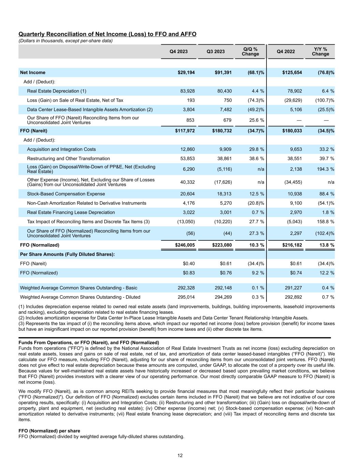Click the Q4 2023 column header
[x=178, y=52]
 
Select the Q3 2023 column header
[x=216, y=52]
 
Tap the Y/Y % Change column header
[x=320, y=52]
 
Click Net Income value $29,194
[x=185, y=72]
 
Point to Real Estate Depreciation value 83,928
[x=187, y=91]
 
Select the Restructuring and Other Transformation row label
[x=68, y=158]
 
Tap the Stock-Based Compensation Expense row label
[x=66, y=194]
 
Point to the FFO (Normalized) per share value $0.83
[x=189, y=273]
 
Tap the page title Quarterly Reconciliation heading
[x=107, y=34]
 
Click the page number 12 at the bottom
[x=180, y=455]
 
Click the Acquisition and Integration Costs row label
[x=61, y=149]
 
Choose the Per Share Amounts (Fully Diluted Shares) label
[x=67, y=254]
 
